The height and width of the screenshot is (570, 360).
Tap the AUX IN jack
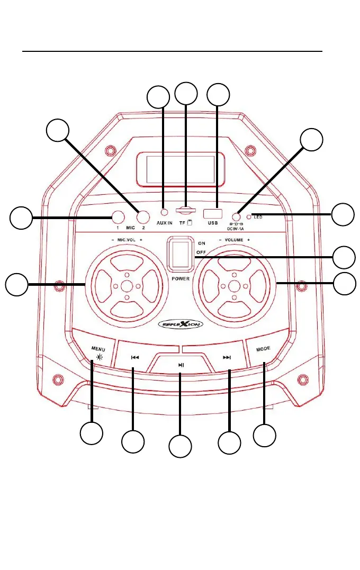point(164,212)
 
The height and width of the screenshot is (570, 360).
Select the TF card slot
point(185,210)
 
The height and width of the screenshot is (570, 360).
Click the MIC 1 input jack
point(118,216)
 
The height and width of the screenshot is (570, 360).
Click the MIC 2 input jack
point(142,216)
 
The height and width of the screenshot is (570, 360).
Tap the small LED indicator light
point(249,217)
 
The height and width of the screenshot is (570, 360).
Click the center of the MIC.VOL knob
point(126,286)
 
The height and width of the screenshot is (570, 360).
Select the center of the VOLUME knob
point(234,286)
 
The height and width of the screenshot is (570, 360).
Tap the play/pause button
point(181,365)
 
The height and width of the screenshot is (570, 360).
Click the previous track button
point(134,357)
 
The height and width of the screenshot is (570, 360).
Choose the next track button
point(227,357)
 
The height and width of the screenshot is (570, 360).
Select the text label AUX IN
point(164,223)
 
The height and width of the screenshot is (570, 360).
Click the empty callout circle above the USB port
point(219,94)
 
